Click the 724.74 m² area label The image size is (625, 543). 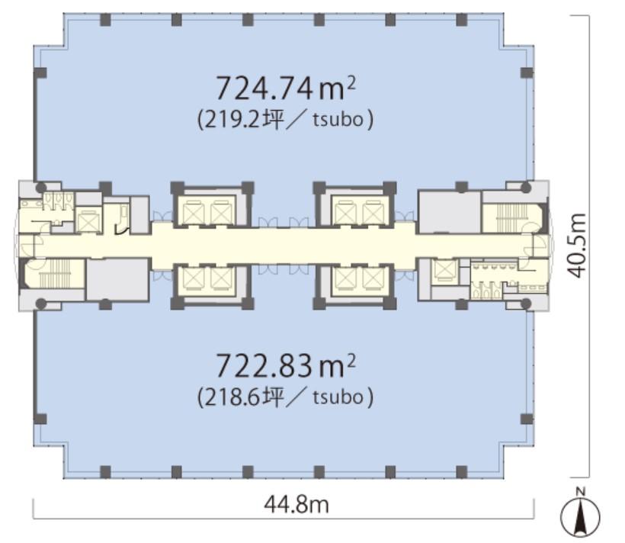[285, 88]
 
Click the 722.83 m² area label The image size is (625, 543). [285, 366]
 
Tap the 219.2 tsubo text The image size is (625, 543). [285, 120]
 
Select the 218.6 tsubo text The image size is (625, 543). [285, 397]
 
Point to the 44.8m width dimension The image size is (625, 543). [296, 505]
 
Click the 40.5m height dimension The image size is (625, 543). [576, 246]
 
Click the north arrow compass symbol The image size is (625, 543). [580, 518]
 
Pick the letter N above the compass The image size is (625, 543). [581, 491]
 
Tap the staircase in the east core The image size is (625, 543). [511, 218]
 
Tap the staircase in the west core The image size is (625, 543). [54, 273]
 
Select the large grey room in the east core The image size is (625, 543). [449, 212]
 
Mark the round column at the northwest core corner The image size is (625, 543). [41, 188]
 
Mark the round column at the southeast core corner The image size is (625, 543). [526, 304]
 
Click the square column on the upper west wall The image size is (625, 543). [40, 72]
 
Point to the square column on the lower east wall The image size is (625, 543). [527, 419]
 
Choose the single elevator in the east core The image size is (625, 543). [443, 270]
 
